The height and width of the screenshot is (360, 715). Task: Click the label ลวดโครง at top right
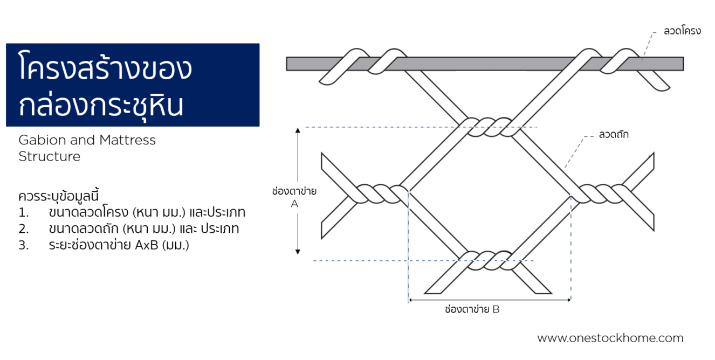pyautogui.click(x=682, y=31)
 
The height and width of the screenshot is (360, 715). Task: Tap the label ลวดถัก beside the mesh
pyautogui.click(x=614, y=134)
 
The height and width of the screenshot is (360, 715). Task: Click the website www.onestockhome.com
pyautogui.click(x=610, y=338)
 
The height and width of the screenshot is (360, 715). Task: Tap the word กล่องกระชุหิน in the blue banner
pyautogui.click(x=101, y=106)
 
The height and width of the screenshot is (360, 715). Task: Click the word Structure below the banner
pyautogui.click(x=49, y=157)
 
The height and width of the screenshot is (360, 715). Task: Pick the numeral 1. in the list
pyautogui.click(x=23, y=212)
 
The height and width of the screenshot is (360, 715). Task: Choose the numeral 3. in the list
pyautogui.click(x=23, y=245)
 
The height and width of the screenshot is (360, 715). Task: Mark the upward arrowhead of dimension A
pyautogui.click(x=297, y=130)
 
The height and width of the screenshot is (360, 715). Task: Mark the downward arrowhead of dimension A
pyautogui.click(x=297, y=251)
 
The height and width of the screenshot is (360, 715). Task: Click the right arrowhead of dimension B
pyautogui.click(x=568, y=300)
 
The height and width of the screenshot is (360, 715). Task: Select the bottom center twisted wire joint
pyautogui.click(x=489, y=260)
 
